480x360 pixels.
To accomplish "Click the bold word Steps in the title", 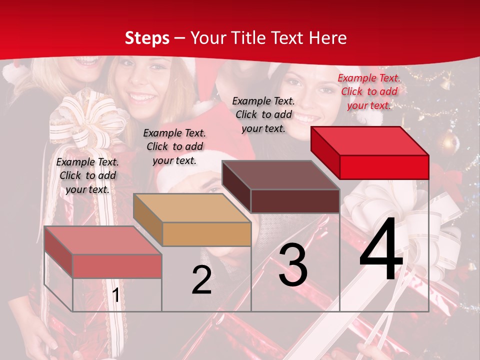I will pos(147,38).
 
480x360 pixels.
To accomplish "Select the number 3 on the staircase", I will pos(293,265).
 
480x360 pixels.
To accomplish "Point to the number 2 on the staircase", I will pos(201,280).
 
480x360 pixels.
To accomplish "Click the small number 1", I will pos(115,295).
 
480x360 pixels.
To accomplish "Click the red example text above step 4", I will pos(369,91).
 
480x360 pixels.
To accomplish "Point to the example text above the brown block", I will pos(263,114).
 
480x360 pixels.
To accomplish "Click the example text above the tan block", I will pos(174,146).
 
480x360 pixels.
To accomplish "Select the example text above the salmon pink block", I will pos(87,175).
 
